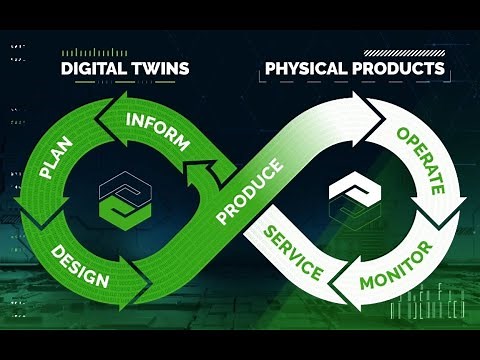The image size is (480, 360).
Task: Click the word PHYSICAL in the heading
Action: coord(308,70)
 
